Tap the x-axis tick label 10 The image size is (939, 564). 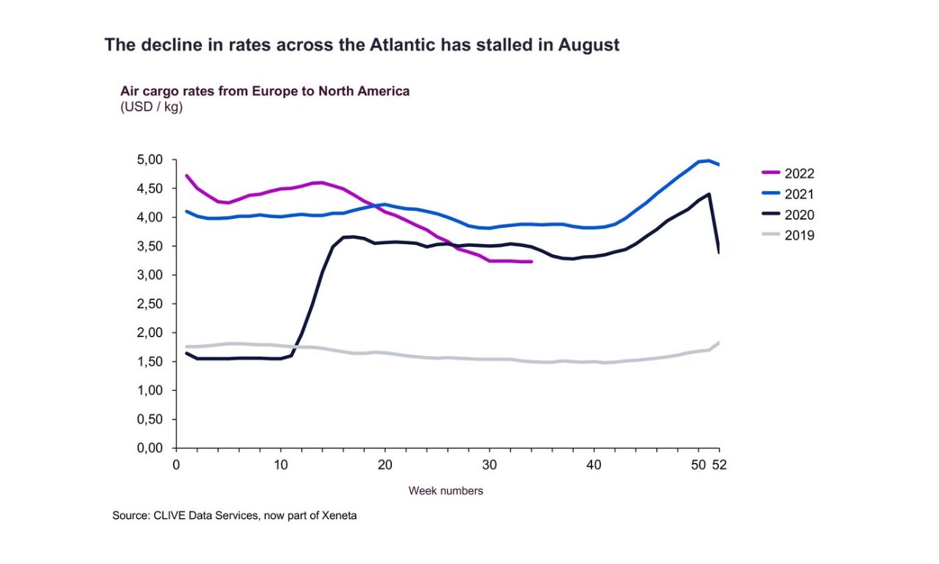281,465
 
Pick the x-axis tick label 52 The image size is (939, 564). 720,465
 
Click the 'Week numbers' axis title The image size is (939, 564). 446,490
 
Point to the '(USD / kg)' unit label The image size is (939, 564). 151,107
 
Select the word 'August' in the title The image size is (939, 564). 588,45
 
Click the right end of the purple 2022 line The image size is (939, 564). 531,262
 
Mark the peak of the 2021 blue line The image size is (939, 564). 708,160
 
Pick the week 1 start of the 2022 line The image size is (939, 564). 186,175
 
